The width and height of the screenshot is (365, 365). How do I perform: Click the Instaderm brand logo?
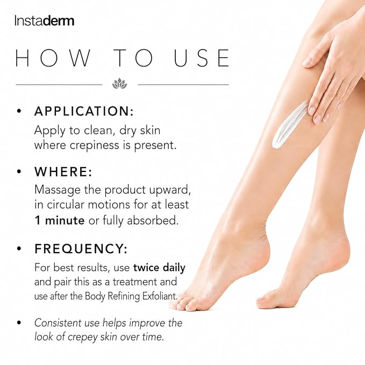point(44,21)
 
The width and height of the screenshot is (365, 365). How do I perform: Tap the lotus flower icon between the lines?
point(120,83)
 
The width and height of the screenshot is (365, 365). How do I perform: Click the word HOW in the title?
point(53,58)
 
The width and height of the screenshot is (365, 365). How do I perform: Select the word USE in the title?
point(202,58)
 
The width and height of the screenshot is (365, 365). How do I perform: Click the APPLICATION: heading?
point(84,111)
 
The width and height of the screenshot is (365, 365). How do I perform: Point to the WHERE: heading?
point(63,172)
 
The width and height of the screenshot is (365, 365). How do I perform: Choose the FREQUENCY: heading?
point(81,248)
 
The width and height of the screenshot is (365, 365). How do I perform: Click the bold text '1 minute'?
point(60,220)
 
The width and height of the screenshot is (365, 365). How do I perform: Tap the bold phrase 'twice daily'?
point(159,268)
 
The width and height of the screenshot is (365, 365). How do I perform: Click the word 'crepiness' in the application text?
point(94,146)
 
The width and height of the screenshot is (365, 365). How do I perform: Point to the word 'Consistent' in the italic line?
point(67,323)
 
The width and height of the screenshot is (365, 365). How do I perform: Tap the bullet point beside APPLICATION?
point(19,111)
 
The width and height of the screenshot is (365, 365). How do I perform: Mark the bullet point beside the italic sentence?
point(19,323)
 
